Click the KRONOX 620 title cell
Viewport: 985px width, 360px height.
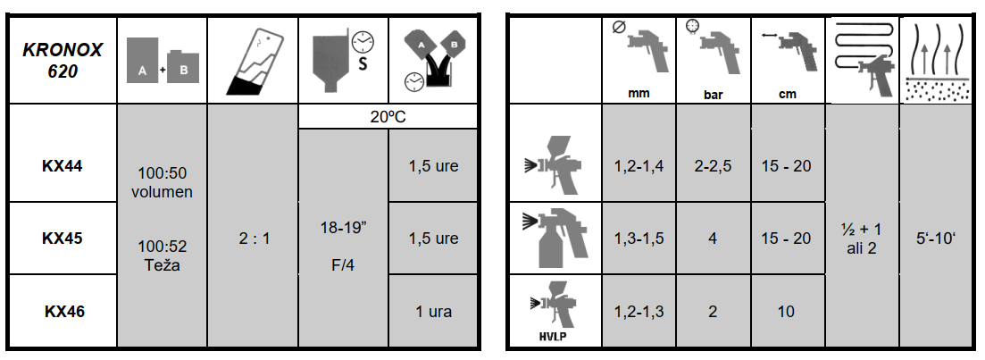(63, 61)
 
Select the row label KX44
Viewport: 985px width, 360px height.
(63, 166)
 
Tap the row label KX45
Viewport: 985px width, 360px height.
(63, 239)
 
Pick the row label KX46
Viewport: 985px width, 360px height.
(63, 311)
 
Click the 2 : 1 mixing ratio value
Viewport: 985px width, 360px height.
(253, 239)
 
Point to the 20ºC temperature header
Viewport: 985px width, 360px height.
(388, 117)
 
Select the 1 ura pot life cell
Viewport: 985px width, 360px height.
(433, 311)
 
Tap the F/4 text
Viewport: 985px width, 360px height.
(343, 265)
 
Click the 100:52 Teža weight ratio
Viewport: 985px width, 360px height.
(162, 255)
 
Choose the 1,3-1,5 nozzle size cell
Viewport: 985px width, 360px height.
(639, 239)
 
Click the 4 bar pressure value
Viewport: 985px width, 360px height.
(713, 239)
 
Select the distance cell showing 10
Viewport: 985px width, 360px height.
(787, 311)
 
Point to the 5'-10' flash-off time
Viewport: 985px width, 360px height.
(936, 239)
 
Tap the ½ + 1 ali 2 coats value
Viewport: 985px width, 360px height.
(861, 239)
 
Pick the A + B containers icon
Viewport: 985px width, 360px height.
(162, 61)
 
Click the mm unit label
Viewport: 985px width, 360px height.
(639, 94)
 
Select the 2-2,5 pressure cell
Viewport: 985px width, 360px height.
(713, 166)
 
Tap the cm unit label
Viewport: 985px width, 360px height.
(787, 94)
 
